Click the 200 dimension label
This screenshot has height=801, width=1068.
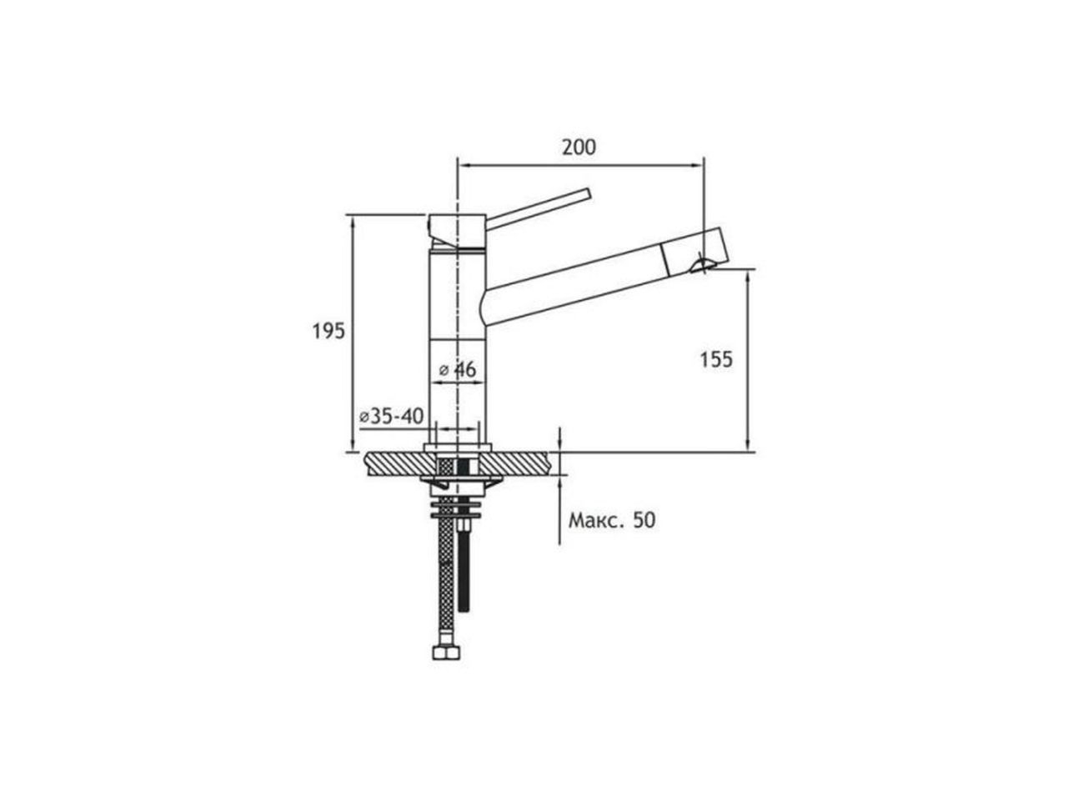[579, 148]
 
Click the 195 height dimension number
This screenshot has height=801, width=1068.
[328, 331]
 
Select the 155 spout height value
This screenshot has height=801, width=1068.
[716, 360]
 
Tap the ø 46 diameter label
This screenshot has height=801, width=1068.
[458, 370]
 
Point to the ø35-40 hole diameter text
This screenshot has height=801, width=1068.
[391, 416]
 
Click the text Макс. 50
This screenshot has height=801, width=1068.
[612, 520]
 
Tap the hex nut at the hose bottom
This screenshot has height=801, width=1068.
[446, 652]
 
